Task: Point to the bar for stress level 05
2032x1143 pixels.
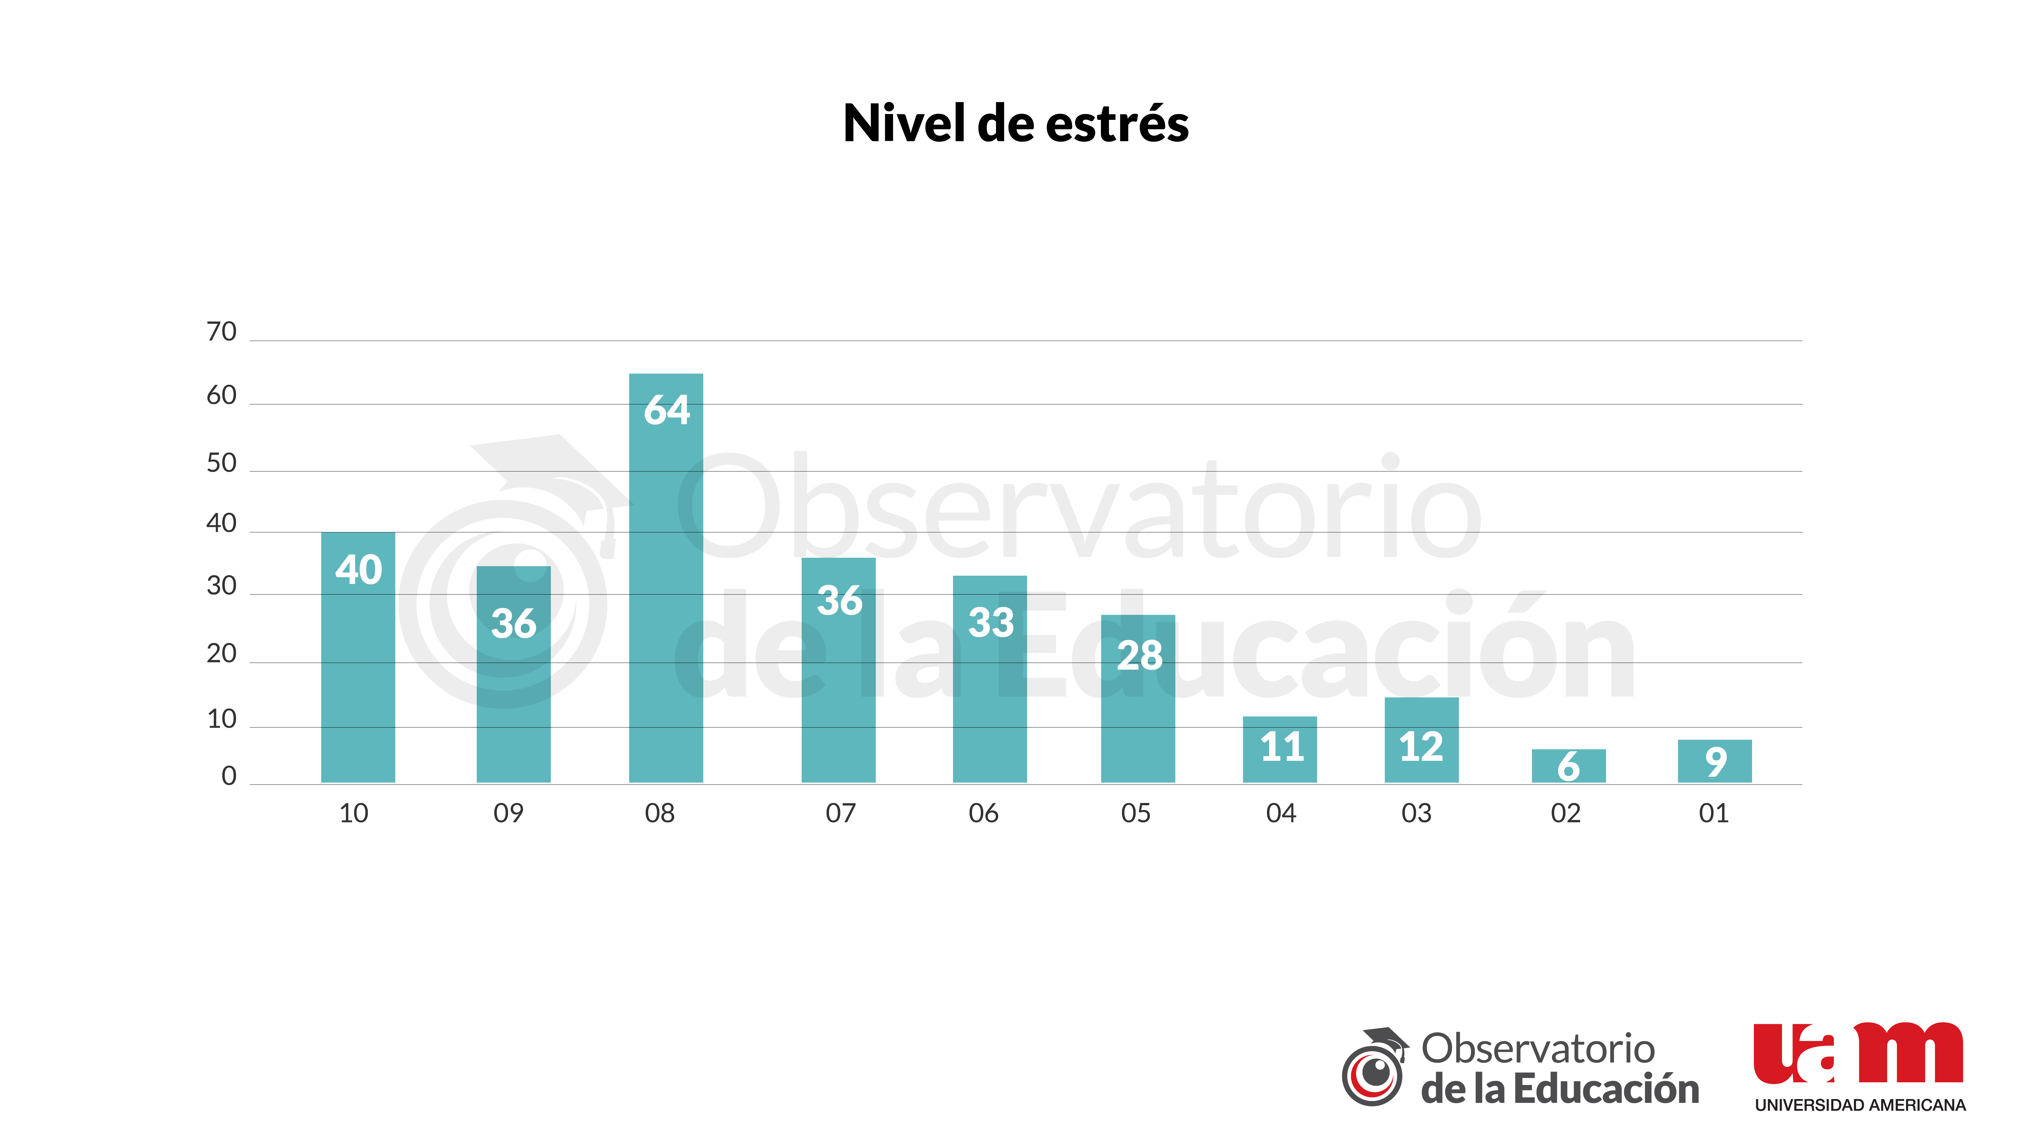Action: coord(1137,698)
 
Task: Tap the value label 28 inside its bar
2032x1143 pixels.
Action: coord(1139,655)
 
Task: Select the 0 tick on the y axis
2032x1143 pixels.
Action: coord(229,776)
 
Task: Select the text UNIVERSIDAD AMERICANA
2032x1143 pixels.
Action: coord(1859,1105)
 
